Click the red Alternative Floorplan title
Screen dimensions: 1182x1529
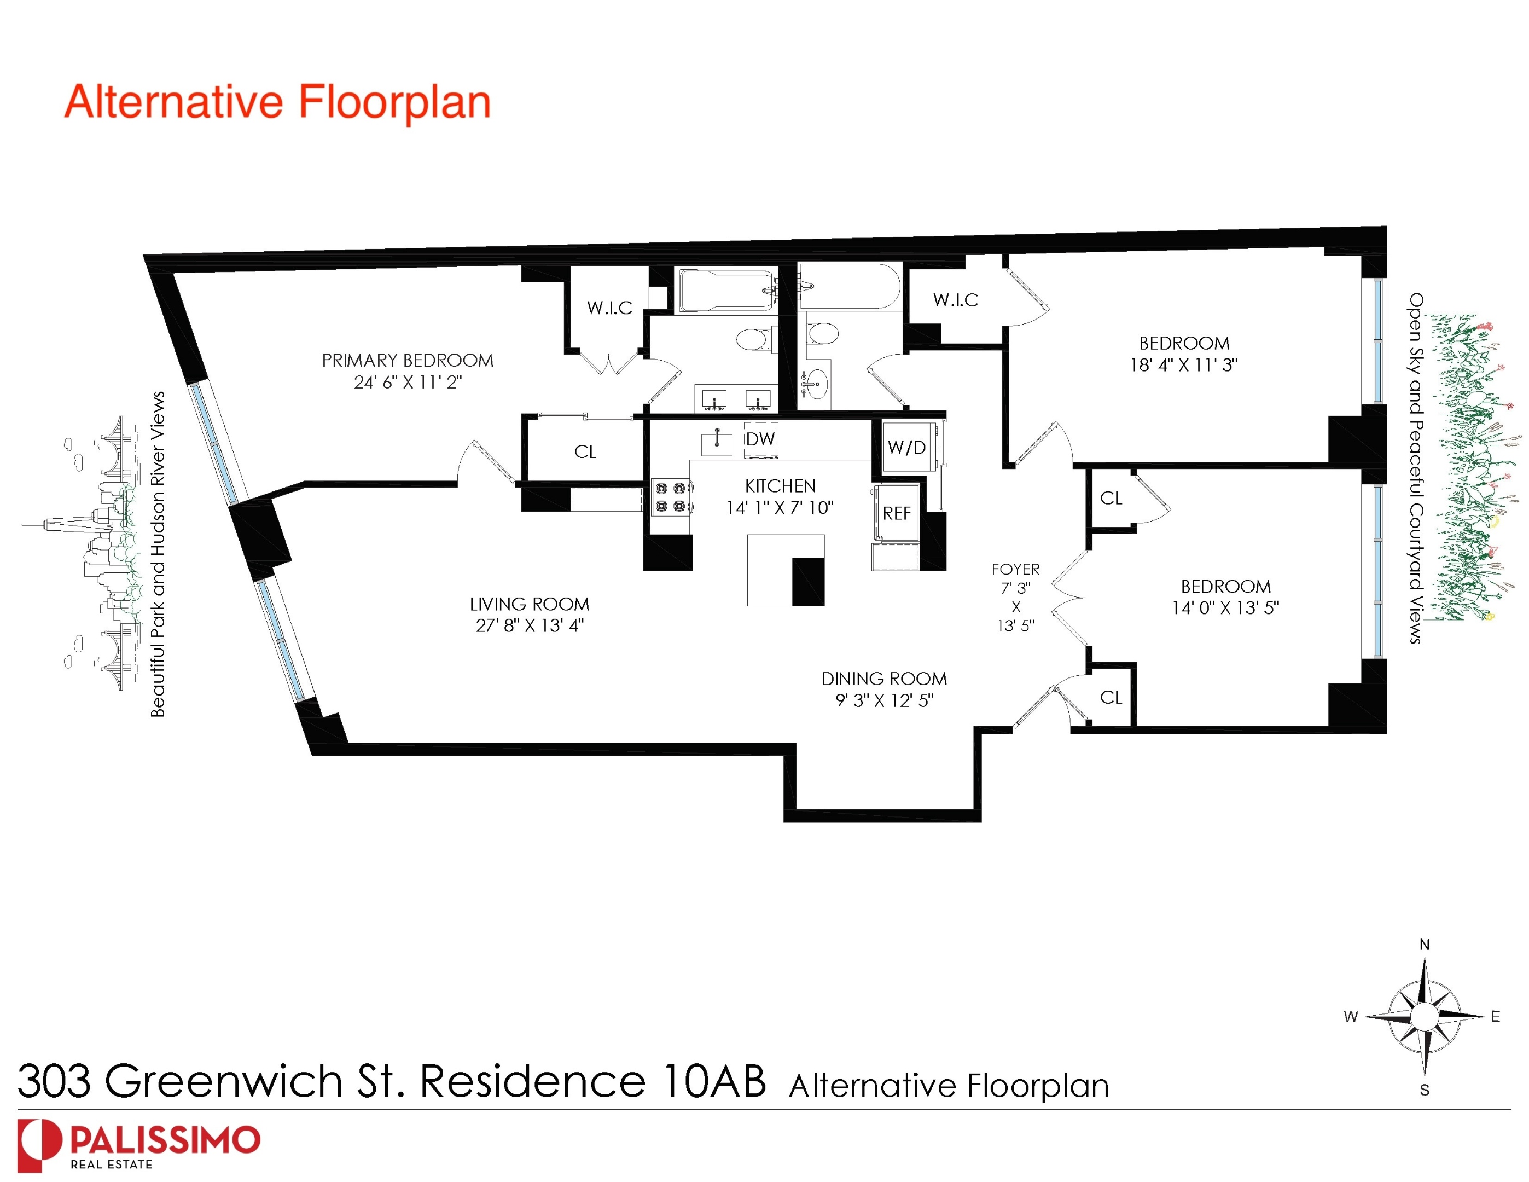pos(277,102)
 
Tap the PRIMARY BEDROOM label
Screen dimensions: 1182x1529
pos(408,361)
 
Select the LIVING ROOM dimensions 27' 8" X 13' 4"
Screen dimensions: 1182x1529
pos(530,625)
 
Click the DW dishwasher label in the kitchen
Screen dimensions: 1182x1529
pos(760,439)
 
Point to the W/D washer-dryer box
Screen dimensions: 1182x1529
pos(908,447)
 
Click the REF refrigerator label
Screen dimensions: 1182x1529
pos(897,513)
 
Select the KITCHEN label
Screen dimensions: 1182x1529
pos(780,486)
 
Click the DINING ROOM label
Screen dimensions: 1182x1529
pos(883,679)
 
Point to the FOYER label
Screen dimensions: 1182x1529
pos(1015,569)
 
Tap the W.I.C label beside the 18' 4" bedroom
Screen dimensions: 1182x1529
pos(956,300)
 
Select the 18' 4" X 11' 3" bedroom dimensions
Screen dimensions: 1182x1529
pos(1184,365)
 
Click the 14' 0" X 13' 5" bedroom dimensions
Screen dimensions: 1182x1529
pos(1225,608)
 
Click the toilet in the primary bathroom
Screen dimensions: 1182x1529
pos(753,341)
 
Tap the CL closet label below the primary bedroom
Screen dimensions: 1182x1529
pos(585,451)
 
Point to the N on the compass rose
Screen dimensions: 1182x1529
pos(1424,945)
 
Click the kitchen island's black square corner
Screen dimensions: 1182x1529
pos(808,581)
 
